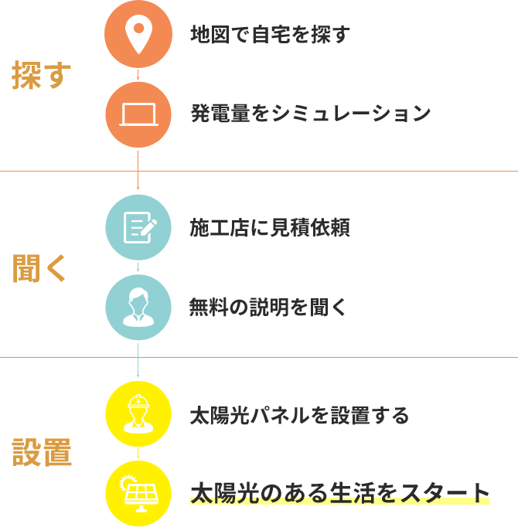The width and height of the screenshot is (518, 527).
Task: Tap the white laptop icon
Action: (138, 114)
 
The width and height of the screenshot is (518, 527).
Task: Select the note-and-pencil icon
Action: (139, 227)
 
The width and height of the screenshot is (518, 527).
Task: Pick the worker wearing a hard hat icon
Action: (138, 414)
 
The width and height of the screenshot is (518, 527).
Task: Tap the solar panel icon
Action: (138, 493)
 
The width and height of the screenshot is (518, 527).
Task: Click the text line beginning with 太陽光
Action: (340, 493)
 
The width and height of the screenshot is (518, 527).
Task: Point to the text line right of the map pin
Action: (353, 35)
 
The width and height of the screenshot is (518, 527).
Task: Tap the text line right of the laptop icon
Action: (353, 114)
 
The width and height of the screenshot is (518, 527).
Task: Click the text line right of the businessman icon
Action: (353, 308)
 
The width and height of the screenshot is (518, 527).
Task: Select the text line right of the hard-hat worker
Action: (353, 416)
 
